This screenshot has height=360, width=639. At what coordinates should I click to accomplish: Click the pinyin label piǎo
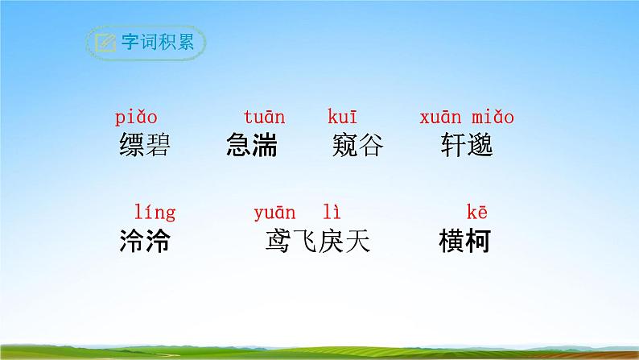coord(135,118)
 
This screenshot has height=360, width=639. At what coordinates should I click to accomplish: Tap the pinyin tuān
coord(264,118)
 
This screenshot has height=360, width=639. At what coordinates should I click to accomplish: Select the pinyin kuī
coord(342,118)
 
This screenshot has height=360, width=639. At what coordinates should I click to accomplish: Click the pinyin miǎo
coord(492,118)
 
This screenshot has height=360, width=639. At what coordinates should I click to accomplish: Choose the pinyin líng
coord(153,213)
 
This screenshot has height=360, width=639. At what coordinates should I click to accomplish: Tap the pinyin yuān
coord(274,213)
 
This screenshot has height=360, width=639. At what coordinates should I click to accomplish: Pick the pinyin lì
coord(332,213)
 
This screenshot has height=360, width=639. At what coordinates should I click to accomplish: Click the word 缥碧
coord(145,146)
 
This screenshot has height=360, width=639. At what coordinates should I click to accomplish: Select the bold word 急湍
coord(253,146)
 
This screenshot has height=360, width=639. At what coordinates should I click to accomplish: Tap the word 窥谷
coord(357,146)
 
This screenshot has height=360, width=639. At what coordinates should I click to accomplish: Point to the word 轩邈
coord(467,146)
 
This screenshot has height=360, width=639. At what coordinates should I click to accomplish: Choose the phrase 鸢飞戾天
coord(318,241)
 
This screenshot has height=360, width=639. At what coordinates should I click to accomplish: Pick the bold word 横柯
coord(465,241)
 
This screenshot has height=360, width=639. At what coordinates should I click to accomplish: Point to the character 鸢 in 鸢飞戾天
coord(278,241)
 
